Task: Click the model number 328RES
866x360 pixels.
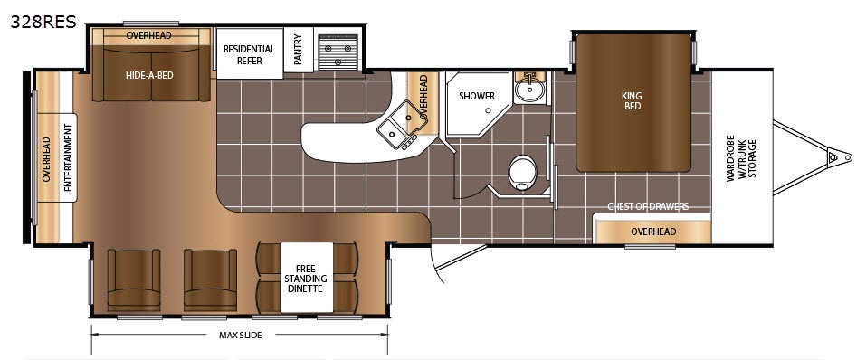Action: coord(43,22)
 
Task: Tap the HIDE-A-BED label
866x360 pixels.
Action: coord(149,74)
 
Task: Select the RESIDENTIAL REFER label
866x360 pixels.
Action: coord(249,54)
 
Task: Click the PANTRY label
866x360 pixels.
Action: coord(299,50)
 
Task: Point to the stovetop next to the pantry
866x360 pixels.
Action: coord(338,52)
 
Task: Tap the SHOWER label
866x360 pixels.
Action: coord(477,96)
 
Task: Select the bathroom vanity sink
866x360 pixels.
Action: coord(530,89)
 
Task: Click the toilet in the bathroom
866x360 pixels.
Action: coord(522,172)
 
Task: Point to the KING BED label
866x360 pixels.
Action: coord(633,100)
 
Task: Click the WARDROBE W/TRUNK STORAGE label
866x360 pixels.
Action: coord(741,158)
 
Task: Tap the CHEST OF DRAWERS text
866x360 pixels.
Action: coord(648,206)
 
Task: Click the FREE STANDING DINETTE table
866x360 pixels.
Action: coord(307,277)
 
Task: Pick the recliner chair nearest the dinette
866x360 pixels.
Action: coord(211,279)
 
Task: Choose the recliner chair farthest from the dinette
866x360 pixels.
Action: coord(134,279)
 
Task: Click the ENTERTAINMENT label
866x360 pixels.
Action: coord(68,157)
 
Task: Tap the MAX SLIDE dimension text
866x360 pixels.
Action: coord(240,336)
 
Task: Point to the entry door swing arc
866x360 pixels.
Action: coord(437,264)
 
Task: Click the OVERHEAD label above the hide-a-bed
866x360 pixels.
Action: coord(148,35)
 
